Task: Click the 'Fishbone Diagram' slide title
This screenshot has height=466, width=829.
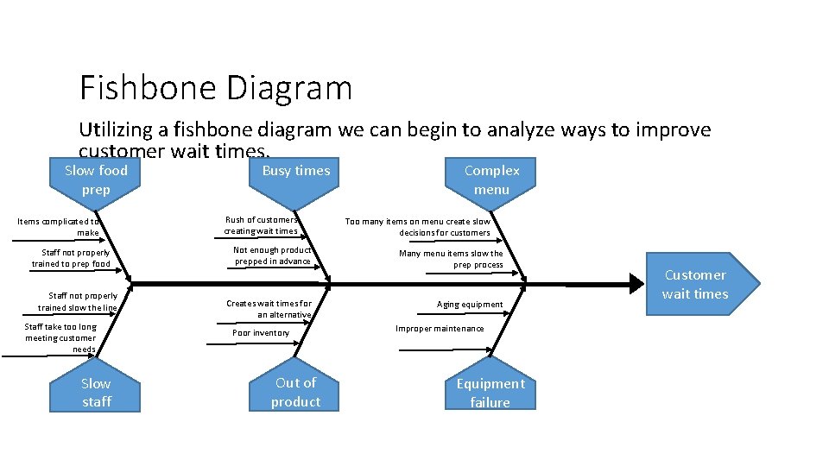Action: coord(216,88)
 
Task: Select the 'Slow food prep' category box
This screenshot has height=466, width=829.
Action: coord(96,179)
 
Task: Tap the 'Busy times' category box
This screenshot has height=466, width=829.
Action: coord(295,171)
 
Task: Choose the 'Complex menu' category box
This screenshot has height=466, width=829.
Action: coord(491,179)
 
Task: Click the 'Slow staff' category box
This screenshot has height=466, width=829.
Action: coord(96,393)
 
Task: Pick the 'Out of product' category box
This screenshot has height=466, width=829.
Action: coord(295,392)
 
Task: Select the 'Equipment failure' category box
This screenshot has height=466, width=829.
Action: coord(490,393)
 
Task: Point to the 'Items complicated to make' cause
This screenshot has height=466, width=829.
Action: coord(59,227)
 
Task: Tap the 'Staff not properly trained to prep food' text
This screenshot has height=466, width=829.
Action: coord(71,258)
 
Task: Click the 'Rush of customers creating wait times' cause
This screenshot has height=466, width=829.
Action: coord(261,225)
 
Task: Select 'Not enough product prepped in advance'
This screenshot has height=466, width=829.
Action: coord(272,255)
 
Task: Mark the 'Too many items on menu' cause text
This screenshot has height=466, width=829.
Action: coord(418,227)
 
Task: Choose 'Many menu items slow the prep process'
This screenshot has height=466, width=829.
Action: coord(451,259)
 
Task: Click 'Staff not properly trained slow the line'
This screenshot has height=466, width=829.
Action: coord(78,302)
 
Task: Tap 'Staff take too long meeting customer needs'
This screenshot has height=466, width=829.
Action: coord(60,337)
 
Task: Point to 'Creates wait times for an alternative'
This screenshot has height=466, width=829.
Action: coord(269,309)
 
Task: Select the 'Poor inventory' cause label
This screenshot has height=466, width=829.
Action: coord(261,333)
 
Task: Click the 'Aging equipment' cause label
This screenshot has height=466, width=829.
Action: coord(470,305)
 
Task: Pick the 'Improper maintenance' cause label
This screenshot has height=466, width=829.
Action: coord(440,329)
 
